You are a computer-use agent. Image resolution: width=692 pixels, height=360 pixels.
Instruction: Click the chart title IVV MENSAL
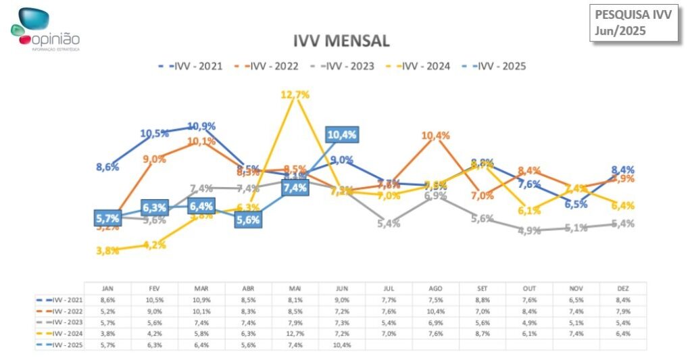(341, 41)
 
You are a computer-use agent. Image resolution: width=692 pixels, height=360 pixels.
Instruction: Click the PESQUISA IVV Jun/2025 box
(633, 22)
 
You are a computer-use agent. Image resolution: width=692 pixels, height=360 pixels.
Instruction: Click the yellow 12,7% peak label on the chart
(295, 95)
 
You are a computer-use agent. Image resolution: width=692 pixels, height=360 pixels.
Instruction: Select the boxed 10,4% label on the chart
(342, 135)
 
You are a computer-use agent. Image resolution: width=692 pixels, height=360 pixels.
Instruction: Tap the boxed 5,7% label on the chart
(107, 218)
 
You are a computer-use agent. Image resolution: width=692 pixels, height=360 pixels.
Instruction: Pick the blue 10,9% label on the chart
(201, 126)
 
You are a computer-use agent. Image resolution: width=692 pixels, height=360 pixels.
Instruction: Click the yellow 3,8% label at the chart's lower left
(107, 251)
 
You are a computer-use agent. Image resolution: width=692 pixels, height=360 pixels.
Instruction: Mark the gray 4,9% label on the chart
(529, 230)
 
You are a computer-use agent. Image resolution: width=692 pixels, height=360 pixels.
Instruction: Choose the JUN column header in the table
(342, 288)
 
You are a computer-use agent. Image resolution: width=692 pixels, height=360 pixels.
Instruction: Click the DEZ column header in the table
(623, 288)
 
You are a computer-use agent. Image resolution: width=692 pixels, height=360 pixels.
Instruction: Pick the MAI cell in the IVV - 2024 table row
(295, 333)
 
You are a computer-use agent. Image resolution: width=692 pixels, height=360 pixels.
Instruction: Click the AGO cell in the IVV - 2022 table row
(436, 311)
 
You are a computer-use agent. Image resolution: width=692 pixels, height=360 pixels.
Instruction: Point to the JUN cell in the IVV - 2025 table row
(342, 344)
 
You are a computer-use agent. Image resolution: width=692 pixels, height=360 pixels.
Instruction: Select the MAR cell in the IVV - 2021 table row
(201, 299)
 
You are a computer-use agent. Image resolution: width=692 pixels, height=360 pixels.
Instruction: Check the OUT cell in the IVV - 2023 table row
(529, 322)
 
